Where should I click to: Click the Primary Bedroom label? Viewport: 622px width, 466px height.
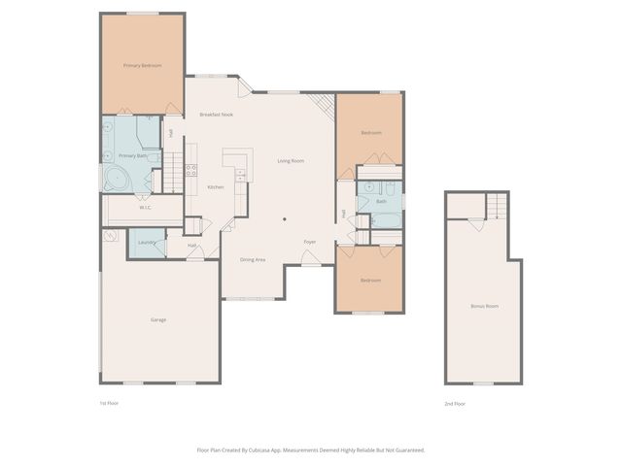click(142, 65)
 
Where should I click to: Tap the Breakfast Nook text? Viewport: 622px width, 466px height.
click(216, 115)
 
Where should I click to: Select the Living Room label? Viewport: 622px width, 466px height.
click(291, 160)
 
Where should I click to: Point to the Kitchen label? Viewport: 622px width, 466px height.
click(216, 186)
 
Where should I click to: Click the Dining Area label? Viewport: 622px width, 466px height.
click(253, 259)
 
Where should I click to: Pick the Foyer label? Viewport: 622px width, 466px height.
click(310, 242)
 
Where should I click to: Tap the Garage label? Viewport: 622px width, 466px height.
click(157, 319)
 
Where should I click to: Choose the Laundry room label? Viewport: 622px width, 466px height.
click(147, 243)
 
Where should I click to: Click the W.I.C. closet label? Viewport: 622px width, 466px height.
click(145, 207)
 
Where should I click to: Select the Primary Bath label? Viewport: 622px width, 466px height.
click(132, 155)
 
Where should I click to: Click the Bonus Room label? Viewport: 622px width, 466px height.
click(484, 306)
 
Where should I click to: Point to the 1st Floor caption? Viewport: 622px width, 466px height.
click(109, 402)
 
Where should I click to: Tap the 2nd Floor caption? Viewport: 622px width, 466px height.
click(455, 402)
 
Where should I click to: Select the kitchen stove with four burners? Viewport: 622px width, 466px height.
click(191, 169)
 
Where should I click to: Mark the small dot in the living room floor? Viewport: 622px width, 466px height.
click(284, 218)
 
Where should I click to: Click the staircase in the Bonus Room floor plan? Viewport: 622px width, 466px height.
click(497, 205)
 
